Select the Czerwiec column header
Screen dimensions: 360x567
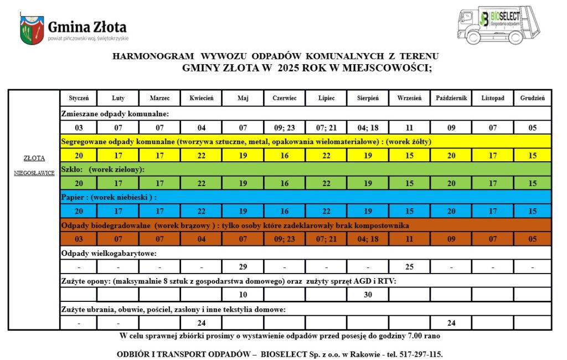pos(284,98)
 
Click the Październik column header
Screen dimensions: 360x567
pos(451,98)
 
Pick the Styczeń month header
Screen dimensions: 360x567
pos(79,98)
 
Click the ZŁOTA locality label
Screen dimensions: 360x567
pos(34,158)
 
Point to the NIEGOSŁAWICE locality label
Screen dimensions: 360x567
pos(34,173)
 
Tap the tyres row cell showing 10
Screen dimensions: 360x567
pos(243,295)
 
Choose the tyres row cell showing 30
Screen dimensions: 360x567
pos(368,295)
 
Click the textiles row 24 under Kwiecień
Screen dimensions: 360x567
pos(201,323)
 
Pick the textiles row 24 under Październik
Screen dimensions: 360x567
pos(451,323)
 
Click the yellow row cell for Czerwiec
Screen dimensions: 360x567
pos(284,156)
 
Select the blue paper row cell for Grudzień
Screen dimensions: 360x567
pos(532,211)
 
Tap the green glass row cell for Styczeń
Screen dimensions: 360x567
pos(79,183)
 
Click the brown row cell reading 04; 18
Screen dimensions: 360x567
pos(368,239)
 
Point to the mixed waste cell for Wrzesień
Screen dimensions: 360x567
pos(409,127)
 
